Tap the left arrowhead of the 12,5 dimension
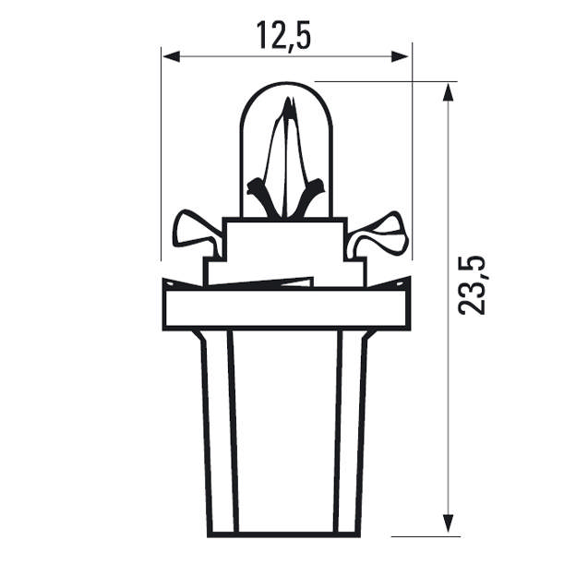pos(169,56)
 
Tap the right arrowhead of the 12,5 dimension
pos(403,56)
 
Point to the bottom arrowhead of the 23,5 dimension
pos(449,527)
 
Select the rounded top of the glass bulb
pos(285,85)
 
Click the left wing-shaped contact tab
pos(197,232)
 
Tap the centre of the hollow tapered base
pos(285,434)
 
